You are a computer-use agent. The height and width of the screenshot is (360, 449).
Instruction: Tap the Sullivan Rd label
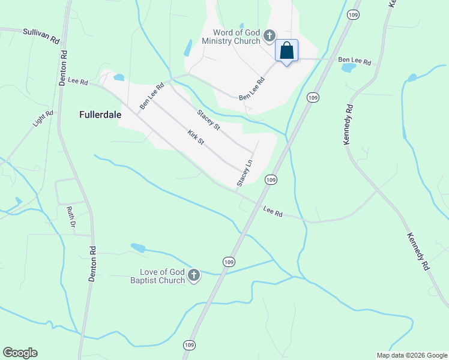coord(41,35)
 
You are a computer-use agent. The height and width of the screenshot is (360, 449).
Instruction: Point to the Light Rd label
coord(43,121)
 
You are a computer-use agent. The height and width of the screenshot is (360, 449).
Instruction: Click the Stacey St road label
coord(209,118)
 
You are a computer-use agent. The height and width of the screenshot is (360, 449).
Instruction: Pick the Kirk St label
coord(196,137)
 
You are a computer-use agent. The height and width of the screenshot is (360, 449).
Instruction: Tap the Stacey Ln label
coord(243,173)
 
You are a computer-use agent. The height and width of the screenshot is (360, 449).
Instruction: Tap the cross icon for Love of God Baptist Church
coord(194,275)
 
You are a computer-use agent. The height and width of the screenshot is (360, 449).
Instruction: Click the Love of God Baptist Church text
coord(158,275)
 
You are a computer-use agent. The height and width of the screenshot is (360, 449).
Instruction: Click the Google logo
coord(20,353)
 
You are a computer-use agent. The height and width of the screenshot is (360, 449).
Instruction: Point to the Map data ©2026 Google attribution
coord(411,355)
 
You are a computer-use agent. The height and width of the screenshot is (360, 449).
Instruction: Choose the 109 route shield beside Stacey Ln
coord(271,179)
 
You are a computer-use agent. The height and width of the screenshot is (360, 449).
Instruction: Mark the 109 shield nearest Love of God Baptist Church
coord(229,262)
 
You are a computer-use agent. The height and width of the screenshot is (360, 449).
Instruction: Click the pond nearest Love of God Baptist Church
coord(137,247)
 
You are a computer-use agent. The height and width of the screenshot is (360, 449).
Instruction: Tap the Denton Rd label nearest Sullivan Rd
coord(63,67)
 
